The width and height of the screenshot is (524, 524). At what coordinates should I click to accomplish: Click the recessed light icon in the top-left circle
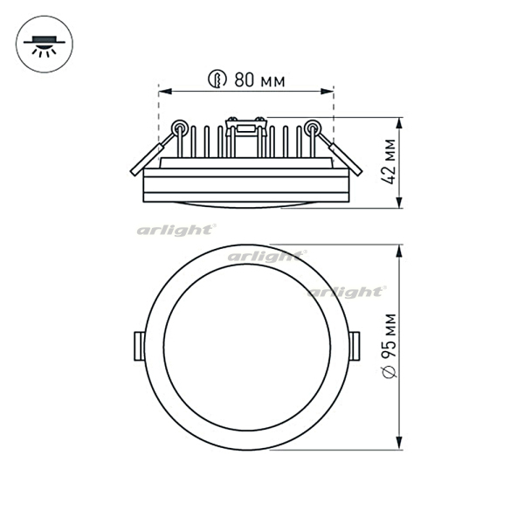point(45,45)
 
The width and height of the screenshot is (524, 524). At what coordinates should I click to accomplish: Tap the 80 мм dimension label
point(259,80)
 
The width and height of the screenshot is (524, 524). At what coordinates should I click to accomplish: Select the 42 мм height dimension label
point(389,161)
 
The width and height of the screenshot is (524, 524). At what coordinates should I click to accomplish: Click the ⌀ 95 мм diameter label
point(390,346)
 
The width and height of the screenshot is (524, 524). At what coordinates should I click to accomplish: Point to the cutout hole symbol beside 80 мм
point(217,79)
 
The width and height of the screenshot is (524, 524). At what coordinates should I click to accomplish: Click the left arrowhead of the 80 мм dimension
point(165,91)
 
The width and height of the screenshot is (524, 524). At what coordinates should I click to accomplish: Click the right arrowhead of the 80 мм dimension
point(327,91)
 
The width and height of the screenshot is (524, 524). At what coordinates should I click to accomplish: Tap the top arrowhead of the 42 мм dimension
point(399,124)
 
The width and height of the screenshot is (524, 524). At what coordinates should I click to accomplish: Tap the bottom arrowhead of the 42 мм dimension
point(399,202)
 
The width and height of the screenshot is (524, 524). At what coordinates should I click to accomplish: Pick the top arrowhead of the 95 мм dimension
point(399,251)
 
